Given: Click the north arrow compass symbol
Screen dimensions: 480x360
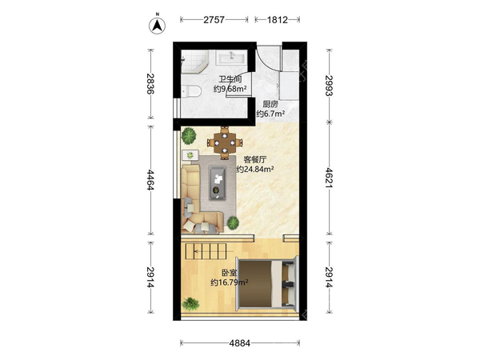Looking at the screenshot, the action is click(x=157, y=25).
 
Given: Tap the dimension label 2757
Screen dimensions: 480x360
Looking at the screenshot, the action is click(x=214, y=20).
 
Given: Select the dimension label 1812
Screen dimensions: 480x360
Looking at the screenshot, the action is click(x=278, y=20).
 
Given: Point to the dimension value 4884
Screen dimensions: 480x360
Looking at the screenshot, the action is click(x=240, y=343).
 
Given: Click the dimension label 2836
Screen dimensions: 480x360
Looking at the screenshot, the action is click(x=150, y=83).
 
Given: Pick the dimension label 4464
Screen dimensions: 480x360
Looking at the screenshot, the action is click(x=150, y=180).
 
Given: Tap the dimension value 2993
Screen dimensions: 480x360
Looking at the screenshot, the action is click(x=330, y=86).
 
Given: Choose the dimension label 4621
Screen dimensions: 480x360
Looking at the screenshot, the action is click(x=330, y=178).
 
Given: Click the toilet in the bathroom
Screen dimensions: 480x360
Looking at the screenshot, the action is click(x=190, y=91).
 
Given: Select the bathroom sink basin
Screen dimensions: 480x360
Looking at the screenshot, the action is click(x=231, y=58).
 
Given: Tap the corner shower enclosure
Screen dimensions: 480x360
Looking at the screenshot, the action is click(x=194, y=62).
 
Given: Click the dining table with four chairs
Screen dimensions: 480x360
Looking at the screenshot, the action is click(x=225, y=142).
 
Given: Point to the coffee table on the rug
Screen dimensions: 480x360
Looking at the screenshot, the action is click(x=218, y=183).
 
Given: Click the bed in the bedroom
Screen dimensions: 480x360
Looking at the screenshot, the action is click(x=266, y=282).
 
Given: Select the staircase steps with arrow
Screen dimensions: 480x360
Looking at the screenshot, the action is click(x=206, y=252).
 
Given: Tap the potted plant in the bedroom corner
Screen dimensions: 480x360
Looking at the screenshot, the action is click(x=190, y=305).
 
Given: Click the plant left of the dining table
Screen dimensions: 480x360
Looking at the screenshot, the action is click(x=188, y=136).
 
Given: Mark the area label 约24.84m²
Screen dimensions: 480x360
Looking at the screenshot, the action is click(x=255, y=169).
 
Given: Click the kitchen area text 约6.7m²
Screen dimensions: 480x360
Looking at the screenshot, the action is click(x=270, y=114).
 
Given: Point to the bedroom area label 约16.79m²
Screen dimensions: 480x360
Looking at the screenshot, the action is click(x=229, y=282).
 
